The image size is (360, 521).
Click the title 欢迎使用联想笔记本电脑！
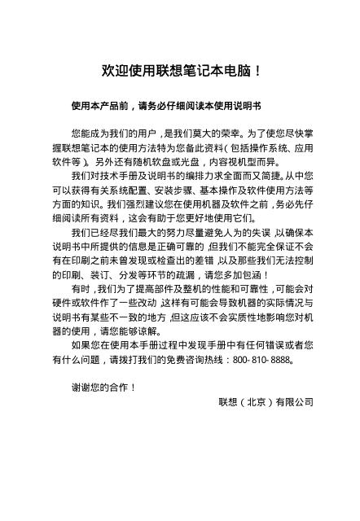coord(180,72)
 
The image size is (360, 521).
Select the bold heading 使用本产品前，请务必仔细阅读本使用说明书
coord(166,106)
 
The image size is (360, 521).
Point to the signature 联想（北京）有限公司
coord(266,401)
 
